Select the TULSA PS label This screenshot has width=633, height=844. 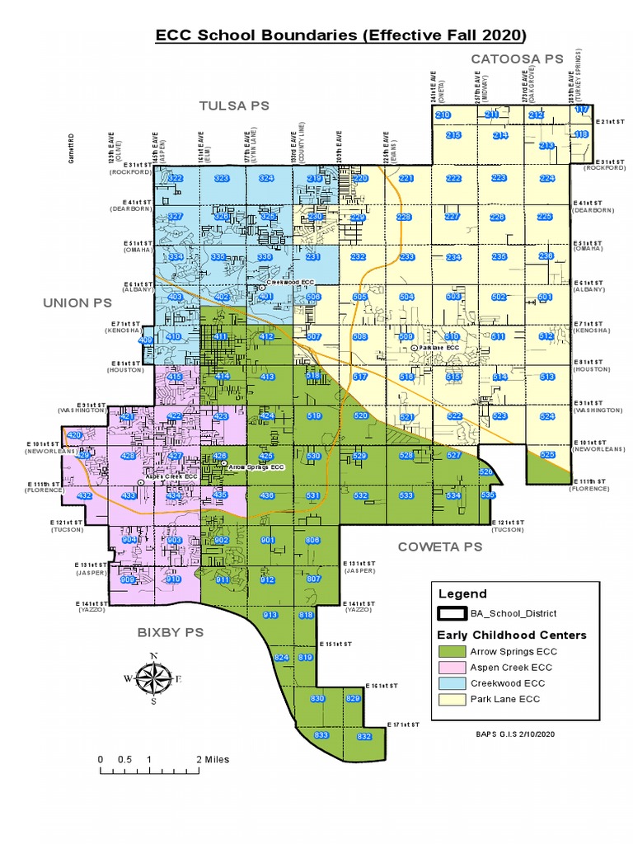(x=234, y=105)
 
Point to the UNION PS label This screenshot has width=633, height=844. (x=77, y=302)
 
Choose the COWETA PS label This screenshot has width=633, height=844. (x=439, y=546)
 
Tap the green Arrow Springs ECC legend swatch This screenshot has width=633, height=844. (x=452, y=651)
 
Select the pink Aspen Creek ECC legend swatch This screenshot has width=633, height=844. (x=452, y=668)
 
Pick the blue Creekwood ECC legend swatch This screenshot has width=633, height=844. (x=452, y=683)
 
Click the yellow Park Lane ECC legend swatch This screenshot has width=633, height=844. (x=452, y=700)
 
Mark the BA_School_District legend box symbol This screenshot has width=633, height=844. (x=452, y=613)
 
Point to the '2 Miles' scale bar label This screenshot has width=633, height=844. (x=213, y=759)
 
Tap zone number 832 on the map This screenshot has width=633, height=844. (x=364, y=736)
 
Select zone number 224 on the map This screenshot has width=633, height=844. (x=546, y=178)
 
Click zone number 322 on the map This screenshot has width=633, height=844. (x=176, y=178)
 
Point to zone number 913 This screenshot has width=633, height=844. (x=270, y=616)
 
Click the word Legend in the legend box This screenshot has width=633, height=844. (x=462, y=593)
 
